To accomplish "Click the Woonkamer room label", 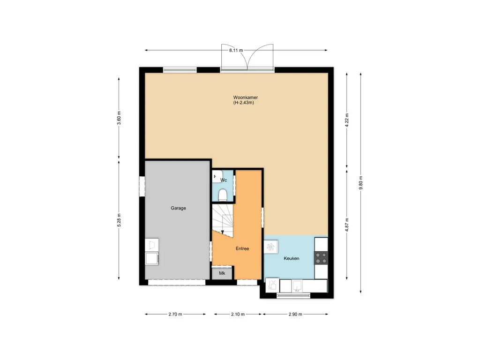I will pos(245,97).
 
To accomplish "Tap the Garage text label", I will pos(178,208).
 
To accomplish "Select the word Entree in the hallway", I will pos(242,248).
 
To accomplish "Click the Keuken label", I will pos(292,258).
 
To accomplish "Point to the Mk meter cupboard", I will pos(222,273).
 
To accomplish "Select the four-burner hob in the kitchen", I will pos(321,257).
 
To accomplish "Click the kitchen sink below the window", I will pos(297,285).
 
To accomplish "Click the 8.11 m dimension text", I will pos(236,50).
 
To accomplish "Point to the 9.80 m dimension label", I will pos(361,183).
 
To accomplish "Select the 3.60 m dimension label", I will pos(119,116).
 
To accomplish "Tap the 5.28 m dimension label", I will pos(119,220).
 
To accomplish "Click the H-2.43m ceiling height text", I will pos(243,103).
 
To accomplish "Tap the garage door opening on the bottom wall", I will pos(177,282).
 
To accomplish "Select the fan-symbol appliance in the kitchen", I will pos(271,247).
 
